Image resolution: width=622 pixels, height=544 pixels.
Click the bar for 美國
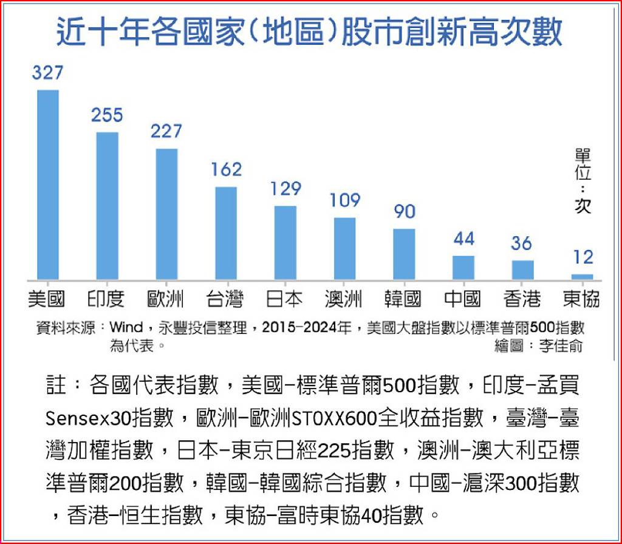(x=48, y=185)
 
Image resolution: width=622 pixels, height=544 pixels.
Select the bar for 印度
(x=108, y=206)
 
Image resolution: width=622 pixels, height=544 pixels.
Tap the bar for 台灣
(x=226, y=233)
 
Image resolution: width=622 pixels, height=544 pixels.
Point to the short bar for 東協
(x=583, y=277)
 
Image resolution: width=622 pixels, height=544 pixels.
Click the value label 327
(x=48, y=73)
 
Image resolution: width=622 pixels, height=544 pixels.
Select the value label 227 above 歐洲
(x=166, y=131)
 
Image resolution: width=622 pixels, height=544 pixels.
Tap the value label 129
(x=285, y=189)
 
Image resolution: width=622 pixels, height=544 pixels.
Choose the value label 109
(x=344, y=200)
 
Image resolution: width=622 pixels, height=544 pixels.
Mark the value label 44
(x=463, y=239)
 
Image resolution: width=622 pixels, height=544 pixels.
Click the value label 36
(x=522, y=243)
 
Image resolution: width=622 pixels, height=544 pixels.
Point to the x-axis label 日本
(x=284, y=299)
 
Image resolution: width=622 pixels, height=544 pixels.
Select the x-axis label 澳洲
(x=344, y=299)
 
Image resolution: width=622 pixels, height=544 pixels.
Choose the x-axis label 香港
(x=522, y=299)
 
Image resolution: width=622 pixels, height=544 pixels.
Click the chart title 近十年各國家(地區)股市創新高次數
(x=310, y=32)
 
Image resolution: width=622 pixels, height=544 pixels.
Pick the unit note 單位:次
(x=583, y=180)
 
